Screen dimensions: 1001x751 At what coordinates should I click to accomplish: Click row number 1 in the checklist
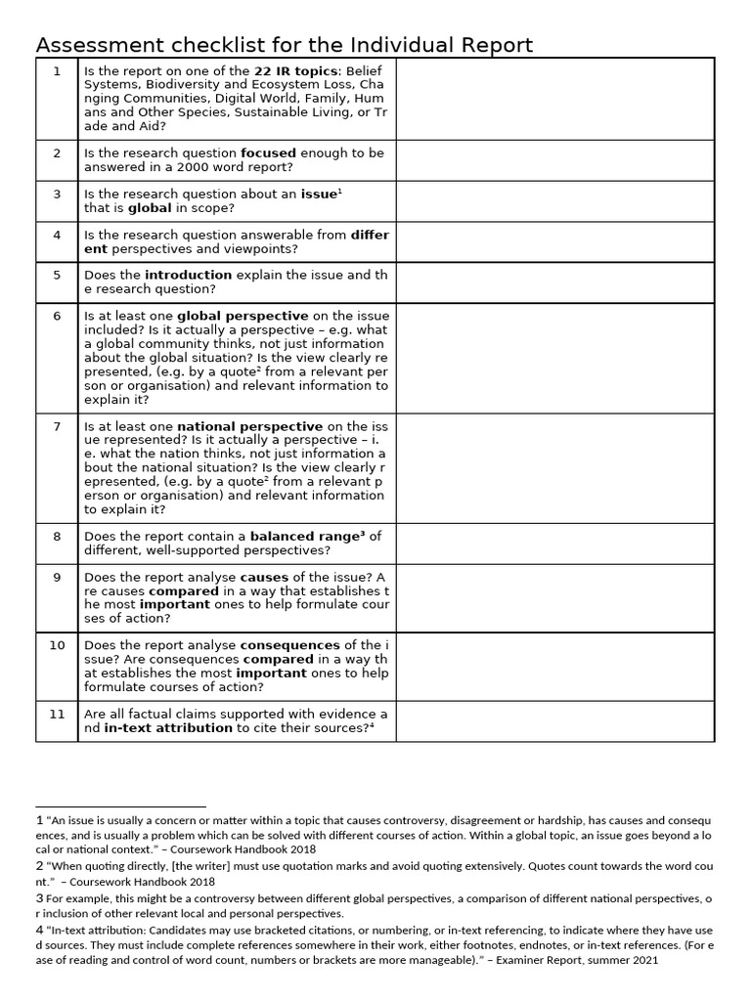(x=57, y=71)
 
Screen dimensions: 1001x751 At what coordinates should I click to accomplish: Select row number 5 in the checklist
(x=57, y=276)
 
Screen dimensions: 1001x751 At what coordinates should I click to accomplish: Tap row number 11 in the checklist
(x=57, y=714)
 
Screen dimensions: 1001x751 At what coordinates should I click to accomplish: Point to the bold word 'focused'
(x=268, y=153)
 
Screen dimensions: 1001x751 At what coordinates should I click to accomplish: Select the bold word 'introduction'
(x=188, y=276)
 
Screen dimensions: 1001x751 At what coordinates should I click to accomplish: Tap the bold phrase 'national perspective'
(x=249, y=426)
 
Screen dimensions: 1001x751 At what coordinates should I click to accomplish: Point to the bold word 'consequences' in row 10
(x=290, y=645)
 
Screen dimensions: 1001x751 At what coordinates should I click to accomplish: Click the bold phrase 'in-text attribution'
(x=168, y=727)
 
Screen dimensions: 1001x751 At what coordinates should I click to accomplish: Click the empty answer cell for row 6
(x=554, y=358)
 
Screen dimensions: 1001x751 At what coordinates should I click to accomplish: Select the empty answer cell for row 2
(x=554, y=160)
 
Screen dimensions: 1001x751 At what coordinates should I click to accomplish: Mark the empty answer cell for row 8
(x=554, y=543)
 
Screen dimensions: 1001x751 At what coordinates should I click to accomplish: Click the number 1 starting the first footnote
(x=39, y=821)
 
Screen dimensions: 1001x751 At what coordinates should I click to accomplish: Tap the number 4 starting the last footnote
(x=39, y=931)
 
